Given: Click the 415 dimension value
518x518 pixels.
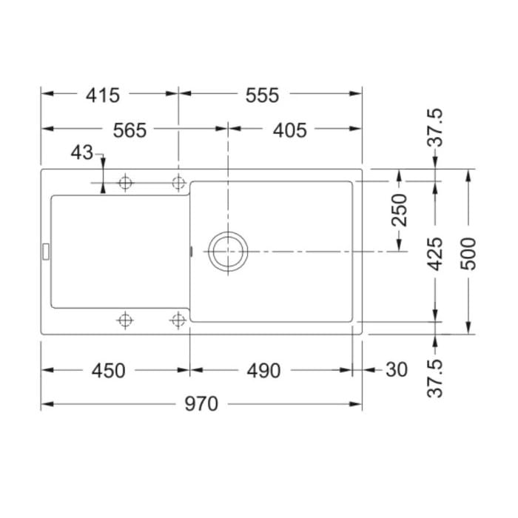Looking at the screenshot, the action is [103, 95].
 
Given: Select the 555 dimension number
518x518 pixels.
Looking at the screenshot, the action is [262, 95].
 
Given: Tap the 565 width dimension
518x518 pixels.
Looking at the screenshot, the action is [129, 130].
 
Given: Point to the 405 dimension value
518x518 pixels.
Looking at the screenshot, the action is [290, 130].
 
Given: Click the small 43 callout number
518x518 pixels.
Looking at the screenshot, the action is [82, 152].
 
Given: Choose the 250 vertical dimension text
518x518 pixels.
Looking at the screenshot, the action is [399, 210].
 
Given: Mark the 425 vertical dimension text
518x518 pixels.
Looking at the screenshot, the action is [435, 254].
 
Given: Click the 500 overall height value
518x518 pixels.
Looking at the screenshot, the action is [468, 254].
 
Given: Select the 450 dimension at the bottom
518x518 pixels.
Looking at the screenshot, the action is [108, 371].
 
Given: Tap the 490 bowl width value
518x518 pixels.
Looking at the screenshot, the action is [263, 371].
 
